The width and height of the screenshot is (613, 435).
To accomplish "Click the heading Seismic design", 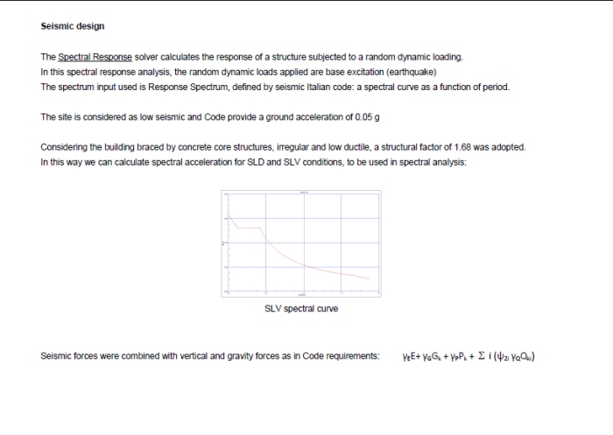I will [x=73, y=26].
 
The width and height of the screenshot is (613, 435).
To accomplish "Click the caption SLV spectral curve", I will [x=300, y=308].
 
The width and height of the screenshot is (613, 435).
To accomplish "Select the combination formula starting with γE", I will [x=468, y=356].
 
